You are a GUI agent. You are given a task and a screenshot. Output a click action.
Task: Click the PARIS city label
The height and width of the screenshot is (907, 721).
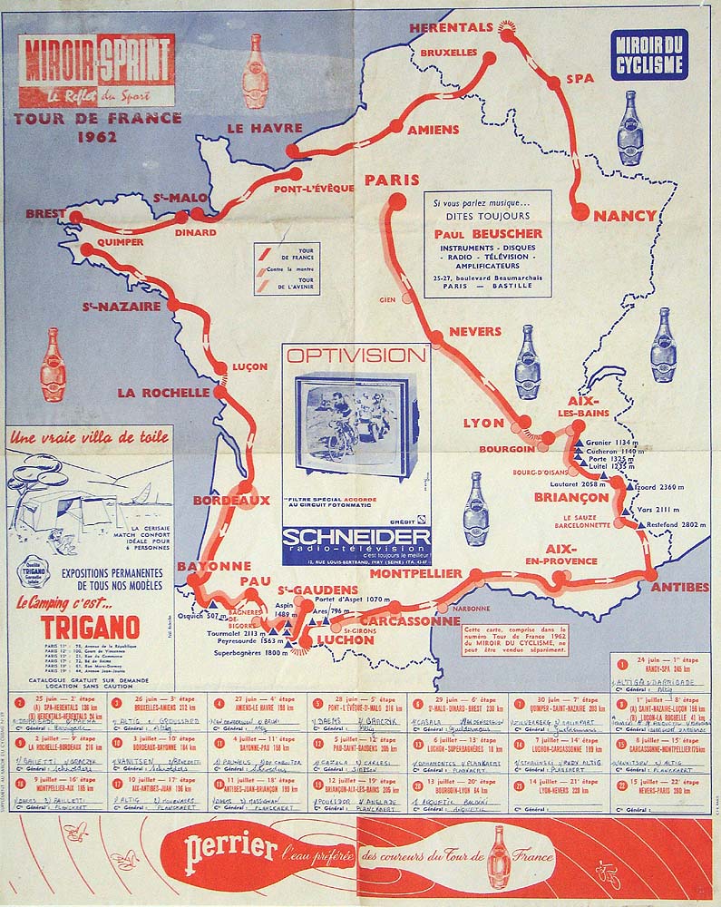393,180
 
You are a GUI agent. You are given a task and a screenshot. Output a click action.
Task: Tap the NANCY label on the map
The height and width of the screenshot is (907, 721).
624,216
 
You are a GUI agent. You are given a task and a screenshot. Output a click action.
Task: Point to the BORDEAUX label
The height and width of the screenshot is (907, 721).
230,500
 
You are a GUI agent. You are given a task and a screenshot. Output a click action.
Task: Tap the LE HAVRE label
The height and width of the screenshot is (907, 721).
252,128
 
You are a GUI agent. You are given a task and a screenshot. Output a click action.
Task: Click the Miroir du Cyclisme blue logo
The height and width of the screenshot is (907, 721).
648,54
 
